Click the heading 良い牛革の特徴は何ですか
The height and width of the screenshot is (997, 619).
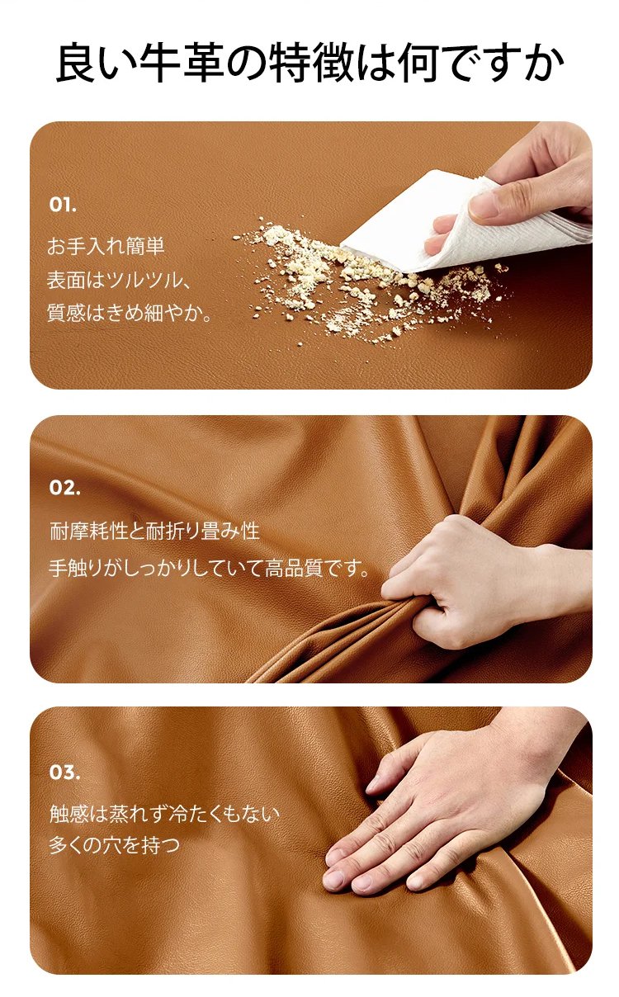309,63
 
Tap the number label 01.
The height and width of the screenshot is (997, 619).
63,206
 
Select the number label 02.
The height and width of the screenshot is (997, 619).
64,488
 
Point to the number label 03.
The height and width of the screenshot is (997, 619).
64,773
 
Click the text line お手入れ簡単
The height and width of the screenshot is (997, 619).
106,246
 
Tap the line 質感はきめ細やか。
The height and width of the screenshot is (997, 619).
129,313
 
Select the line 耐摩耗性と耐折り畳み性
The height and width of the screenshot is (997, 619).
154,531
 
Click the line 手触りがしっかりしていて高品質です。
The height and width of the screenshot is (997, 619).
209,569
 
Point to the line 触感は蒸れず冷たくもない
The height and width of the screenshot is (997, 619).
164,814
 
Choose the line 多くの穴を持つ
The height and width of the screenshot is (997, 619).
115,845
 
